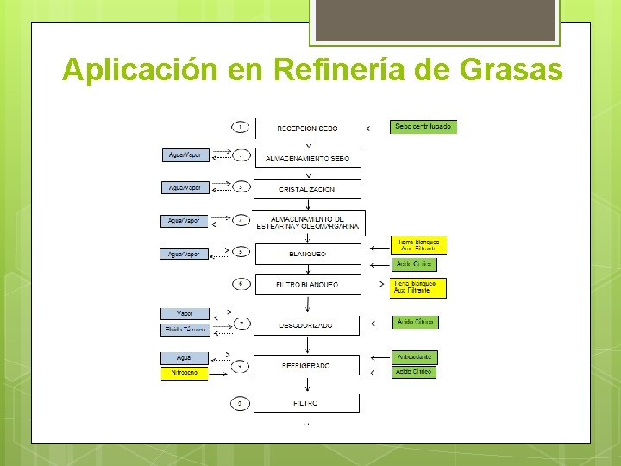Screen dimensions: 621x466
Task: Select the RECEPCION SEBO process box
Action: tap(307, 128)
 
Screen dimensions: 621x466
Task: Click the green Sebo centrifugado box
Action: tap(422, 126)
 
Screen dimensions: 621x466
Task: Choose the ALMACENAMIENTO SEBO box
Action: tap(307, 158)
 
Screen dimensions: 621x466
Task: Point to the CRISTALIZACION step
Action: tap(307, 188)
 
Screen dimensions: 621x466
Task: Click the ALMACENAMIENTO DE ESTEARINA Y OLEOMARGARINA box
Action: tap(307, 223)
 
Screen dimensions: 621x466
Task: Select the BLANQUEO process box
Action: tap(307, 255)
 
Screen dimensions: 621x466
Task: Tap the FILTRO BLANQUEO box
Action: tap(307, 284)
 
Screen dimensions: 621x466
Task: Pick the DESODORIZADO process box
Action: tap(307, 324)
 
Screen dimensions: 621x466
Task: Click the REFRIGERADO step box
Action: tap(307, 365)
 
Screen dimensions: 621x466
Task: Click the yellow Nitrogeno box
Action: tap(184, 373)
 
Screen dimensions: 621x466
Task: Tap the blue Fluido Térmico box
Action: tap(185, 330)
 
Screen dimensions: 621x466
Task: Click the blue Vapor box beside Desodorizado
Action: tap(185, 313)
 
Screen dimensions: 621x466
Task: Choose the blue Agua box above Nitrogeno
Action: tap(184, 357)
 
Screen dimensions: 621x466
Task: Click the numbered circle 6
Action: tap(242, 283)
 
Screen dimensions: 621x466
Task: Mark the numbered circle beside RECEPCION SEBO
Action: tap(242, 127)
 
